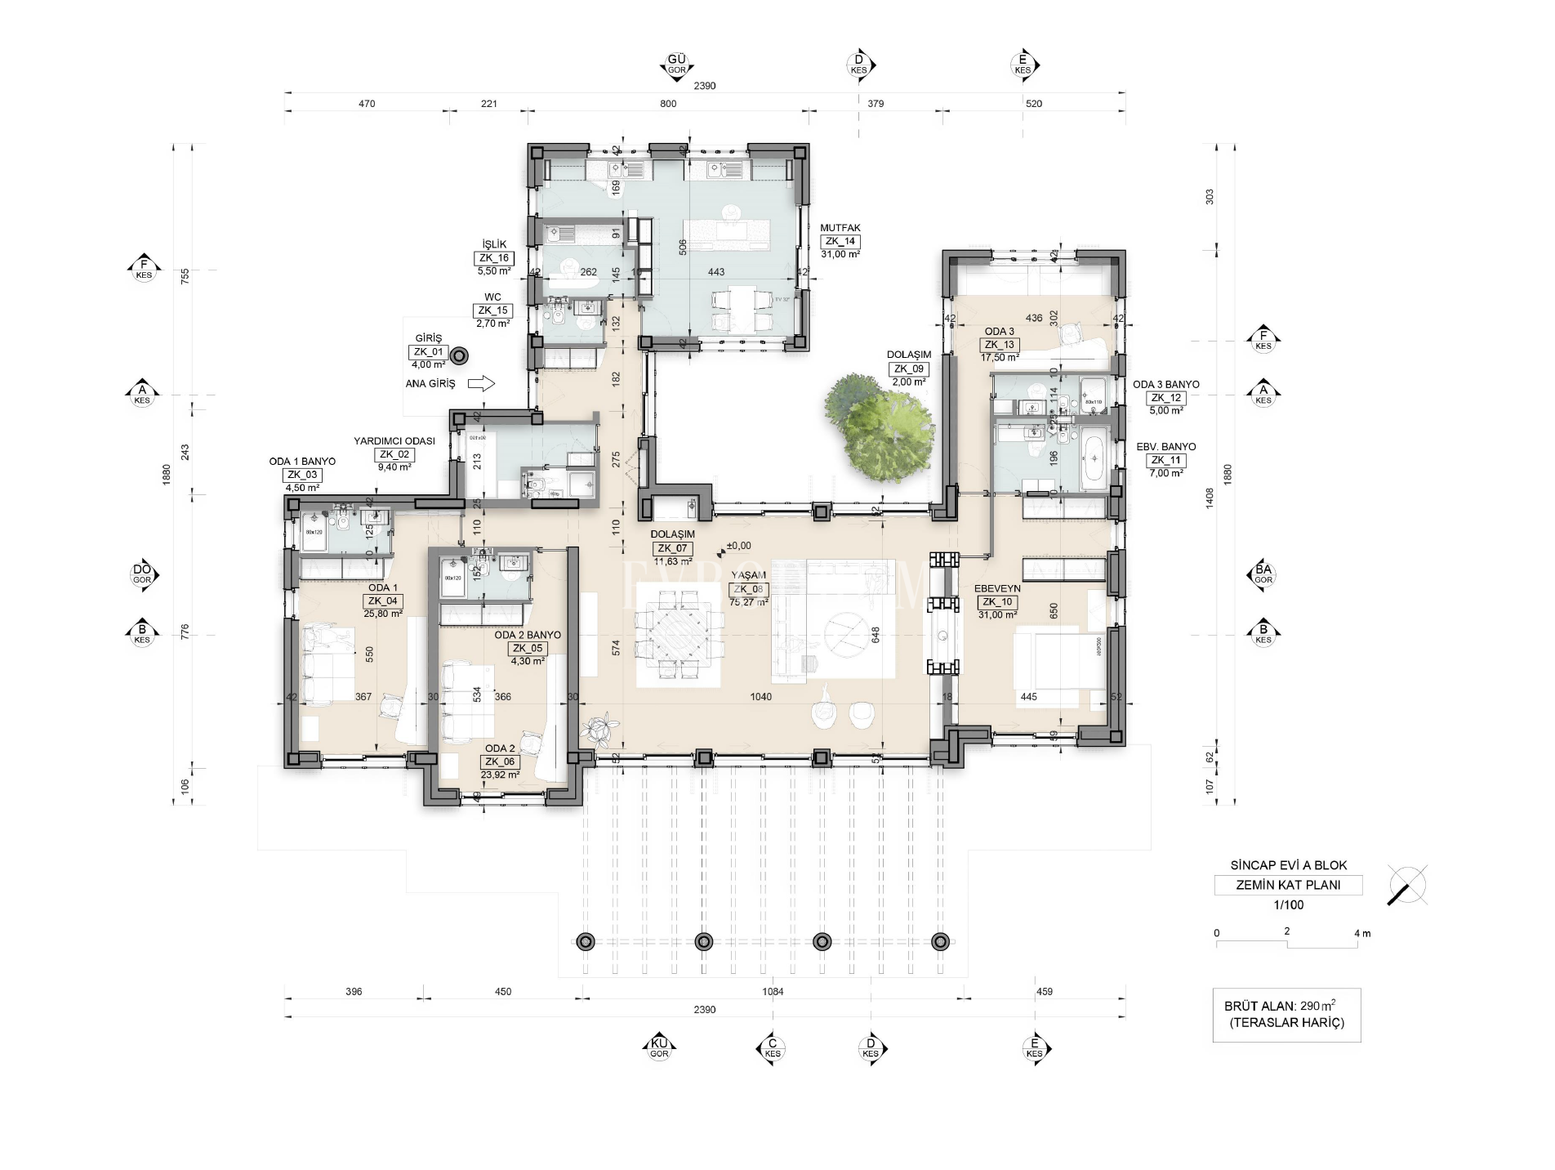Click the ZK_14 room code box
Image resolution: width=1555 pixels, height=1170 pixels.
coord(840,242)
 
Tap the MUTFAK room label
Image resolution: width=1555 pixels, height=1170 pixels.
coord(840,229)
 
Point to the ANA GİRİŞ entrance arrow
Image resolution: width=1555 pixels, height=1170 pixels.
coord(482,383)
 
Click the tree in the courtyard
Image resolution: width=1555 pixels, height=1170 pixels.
coord(877,427)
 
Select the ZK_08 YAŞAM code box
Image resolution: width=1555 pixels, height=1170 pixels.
coord(748,589)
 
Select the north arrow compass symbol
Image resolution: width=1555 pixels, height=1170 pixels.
coord(1407,885)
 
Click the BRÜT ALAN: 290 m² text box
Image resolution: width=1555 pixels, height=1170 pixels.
coord(1286,1015)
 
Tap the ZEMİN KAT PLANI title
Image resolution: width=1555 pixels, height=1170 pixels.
coord(1288,885)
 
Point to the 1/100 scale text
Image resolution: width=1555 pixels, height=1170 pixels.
coord(1288,904)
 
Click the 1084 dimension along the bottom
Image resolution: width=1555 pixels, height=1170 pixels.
coord(773,992)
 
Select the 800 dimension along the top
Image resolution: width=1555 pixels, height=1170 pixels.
coord(668,104)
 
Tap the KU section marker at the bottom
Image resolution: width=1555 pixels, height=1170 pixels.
coord(659,1048)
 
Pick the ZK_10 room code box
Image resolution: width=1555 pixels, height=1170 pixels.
coord(997,602)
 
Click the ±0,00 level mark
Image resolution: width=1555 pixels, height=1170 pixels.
coord(737,546)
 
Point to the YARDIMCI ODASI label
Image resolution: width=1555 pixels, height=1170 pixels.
coord(394,441)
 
